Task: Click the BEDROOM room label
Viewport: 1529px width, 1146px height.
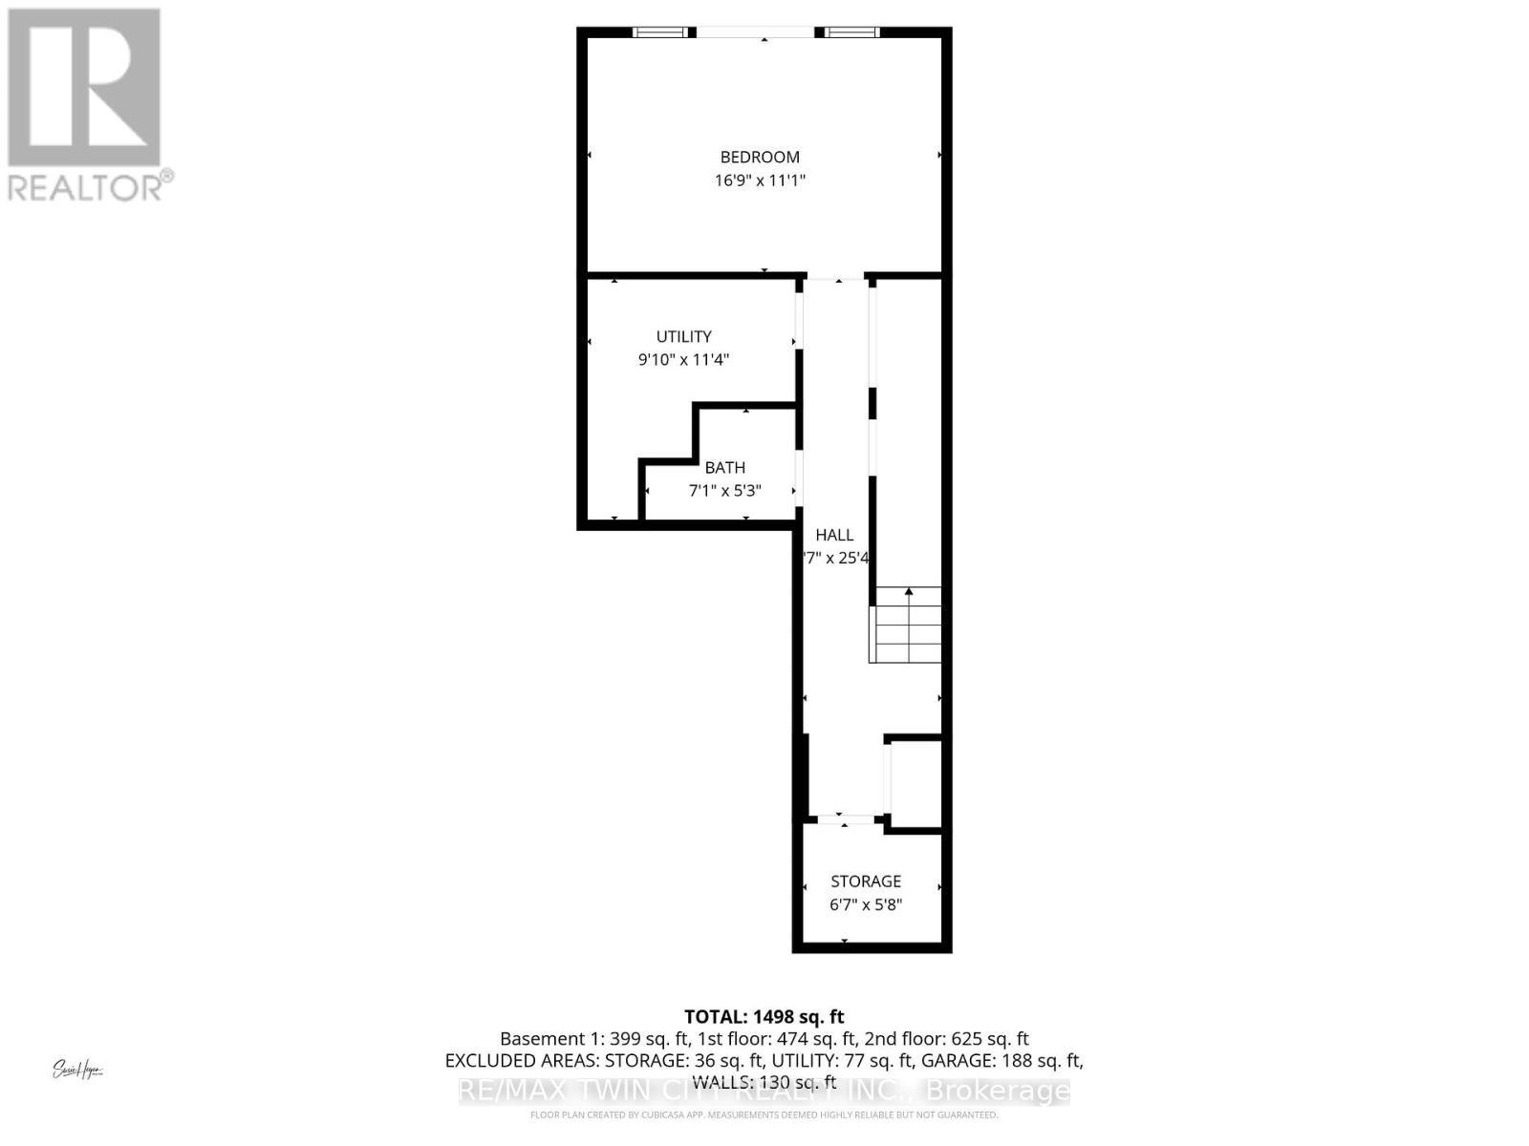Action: [x=760, y=157]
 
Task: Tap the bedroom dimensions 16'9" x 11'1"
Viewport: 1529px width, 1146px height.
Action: [x=760, y=180]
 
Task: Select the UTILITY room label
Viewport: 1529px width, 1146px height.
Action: [x=683, y=336]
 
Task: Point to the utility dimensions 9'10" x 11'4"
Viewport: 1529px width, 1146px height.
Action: [x=683, y=360]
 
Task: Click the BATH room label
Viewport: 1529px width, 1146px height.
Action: [x=724, y=468]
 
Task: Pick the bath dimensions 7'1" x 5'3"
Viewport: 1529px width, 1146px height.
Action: [x=724, y=491]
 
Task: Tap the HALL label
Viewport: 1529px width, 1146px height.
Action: [x=834, y=535]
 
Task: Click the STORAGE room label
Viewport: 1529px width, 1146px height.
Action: [x=865, y=881]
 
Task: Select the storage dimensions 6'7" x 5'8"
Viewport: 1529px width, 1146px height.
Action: [x=865, y=904]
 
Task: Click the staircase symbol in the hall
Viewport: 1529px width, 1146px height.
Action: [x=906, y=626]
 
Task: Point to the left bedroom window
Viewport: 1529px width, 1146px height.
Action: [x=660, y=32]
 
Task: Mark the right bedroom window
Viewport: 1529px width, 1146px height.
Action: [x=852, y=32]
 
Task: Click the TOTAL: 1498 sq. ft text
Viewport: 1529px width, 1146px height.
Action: [x=764, y=1017]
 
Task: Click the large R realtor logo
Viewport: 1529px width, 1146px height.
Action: [x=84, y=87]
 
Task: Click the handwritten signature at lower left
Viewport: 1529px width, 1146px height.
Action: [x=77, y=1070]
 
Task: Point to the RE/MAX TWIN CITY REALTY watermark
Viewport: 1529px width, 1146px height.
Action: [x=764, y=1091]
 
